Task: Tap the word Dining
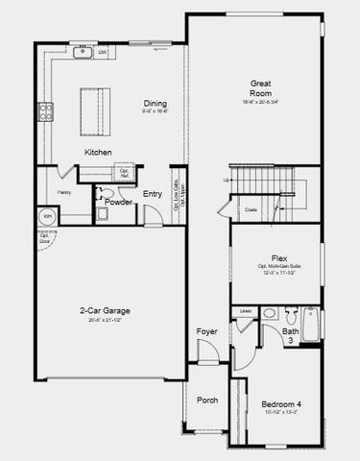coord(156,105)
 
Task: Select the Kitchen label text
coord(98,152)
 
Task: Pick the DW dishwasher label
coord(103,52)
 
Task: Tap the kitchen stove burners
coord(44,113)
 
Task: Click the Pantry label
coord(63,192)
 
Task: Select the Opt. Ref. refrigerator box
coord(124,173)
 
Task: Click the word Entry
coord(153,195)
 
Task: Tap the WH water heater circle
coord(46,217)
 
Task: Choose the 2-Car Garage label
coord(105,311)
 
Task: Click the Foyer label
coord(207,331)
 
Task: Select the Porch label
coord(206,400)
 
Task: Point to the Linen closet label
coord(246,312)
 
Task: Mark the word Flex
coord(279,257)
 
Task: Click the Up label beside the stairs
coord(227,180)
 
